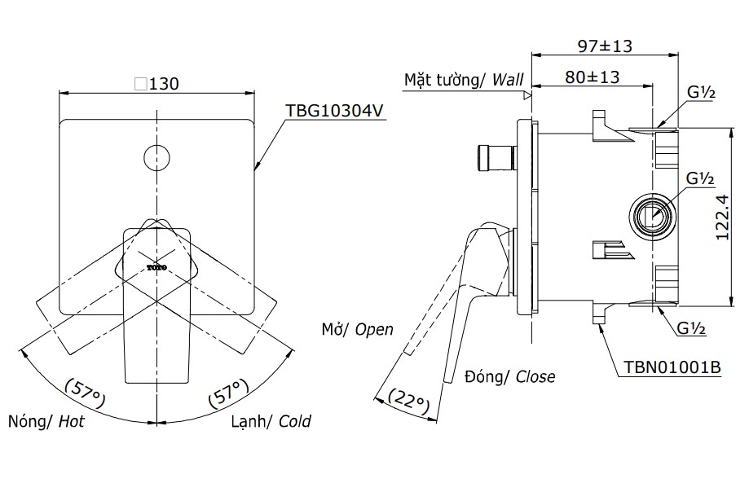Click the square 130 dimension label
156,83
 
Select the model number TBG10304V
333,112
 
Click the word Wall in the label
509,80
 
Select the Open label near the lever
374,330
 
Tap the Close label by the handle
535,376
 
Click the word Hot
71,422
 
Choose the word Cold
294,422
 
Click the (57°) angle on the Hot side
85,390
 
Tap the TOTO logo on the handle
156,266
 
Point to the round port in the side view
653,216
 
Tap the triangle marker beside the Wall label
527,94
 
